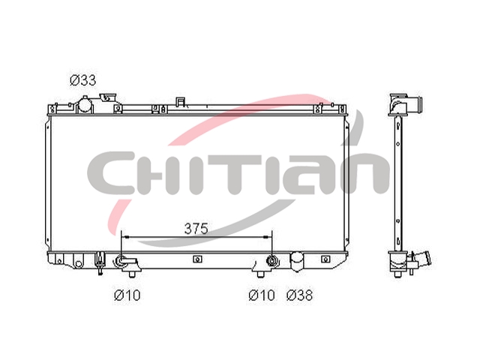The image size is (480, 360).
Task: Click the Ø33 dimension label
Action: point(83,80)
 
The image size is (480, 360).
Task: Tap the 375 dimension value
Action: point(196,229)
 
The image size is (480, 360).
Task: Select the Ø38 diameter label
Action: point(300,295)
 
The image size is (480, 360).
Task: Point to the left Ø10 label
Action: point(127,295)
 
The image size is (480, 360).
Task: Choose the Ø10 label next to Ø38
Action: point(262,295)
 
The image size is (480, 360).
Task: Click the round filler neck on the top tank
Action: point(85,105)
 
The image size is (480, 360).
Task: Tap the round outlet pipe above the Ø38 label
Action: point(297,261)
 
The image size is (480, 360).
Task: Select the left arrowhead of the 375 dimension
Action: point(125,237)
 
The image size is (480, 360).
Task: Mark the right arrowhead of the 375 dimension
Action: point(268,237)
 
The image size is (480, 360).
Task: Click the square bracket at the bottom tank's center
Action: point(197,259)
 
